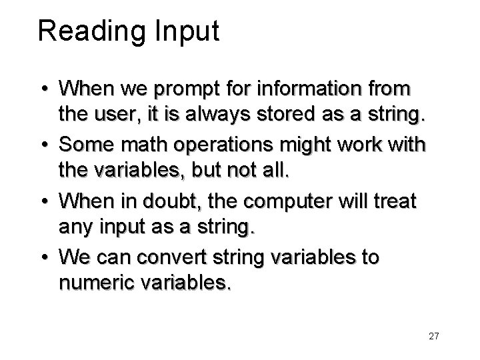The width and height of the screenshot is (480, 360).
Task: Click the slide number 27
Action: [434, 336]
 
